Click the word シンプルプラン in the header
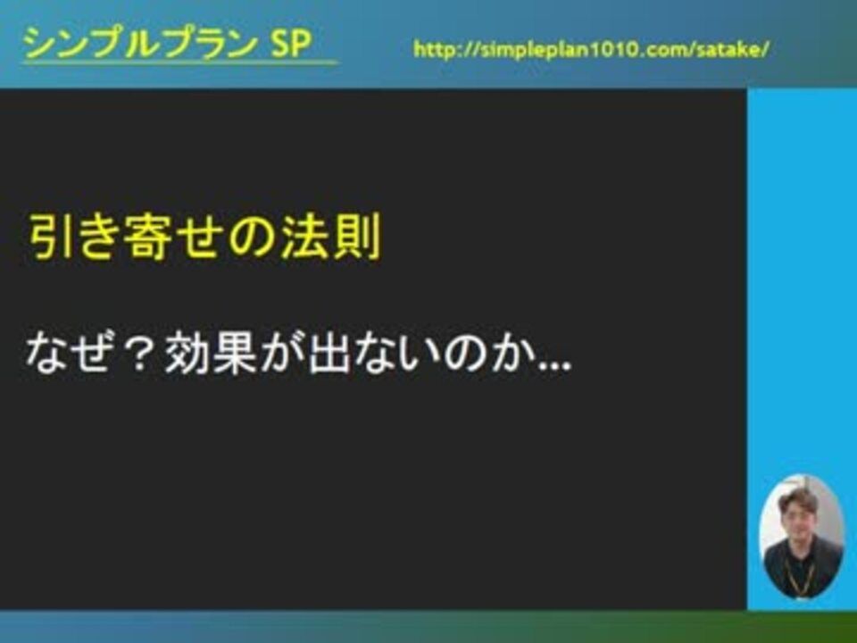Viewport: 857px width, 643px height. [x=139, y=43]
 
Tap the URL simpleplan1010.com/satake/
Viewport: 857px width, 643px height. [x=591, y=50]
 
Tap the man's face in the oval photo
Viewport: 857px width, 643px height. [x=798, y=516]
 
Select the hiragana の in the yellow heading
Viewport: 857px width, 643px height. [x=253, y=238]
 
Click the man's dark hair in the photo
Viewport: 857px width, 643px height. [x=798, y=497]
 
